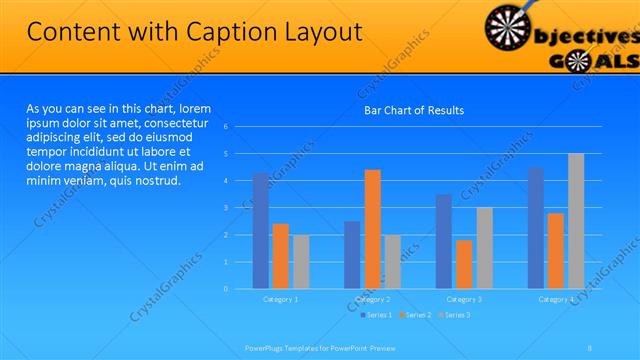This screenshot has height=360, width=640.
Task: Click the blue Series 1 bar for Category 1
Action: coord(261,231)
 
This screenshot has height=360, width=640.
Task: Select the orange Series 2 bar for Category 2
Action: coord(372,229)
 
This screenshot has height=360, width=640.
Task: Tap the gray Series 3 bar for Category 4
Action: coord(576,221)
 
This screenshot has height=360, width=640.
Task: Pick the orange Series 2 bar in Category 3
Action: coord(464,264)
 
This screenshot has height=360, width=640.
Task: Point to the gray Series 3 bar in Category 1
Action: coord(300,262)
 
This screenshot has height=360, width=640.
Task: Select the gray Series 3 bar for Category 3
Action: coord(484,248)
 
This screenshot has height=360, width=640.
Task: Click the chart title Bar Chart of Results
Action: coord(413,110)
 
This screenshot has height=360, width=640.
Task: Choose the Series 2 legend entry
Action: coord(415,315)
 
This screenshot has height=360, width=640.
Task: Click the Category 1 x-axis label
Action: coord(280,299)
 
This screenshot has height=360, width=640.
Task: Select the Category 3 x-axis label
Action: coord(464,299)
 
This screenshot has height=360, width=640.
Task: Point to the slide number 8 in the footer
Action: coord(590,348)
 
